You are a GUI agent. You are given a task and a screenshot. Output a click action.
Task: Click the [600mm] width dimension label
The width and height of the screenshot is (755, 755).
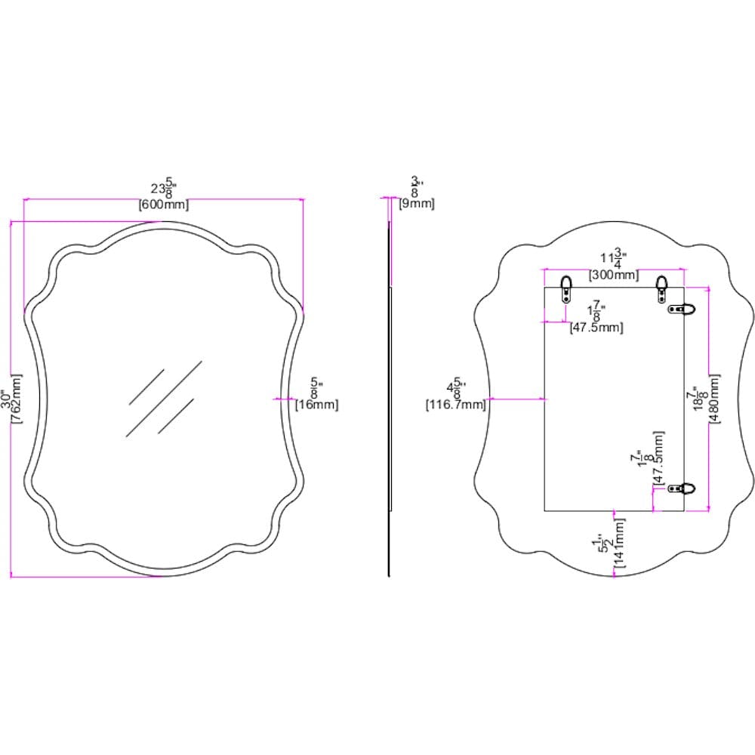click(x=163, y=205)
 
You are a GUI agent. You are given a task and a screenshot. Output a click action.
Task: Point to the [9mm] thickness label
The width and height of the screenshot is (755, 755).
click(x=417, y=204)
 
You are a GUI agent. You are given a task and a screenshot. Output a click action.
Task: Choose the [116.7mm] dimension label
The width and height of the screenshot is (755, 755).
click(x=455, y=405)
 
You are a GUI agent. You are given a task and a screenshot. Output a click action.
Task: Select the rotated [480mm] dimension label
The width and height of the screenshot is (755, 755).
click(x=714, y=399)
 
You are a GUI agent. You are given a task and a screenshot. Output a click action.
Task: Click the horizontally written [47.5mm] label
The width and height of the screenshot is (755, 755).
click(x=596, y=327)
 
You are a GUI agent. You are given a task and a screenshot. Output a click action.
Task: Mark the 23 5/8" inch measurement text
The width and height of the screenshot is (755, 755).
click(x=163, y=188)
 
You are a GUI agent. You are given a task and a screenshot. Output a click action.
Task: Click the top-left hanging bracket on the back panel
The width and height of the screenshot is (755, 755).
click(x=566, y=288)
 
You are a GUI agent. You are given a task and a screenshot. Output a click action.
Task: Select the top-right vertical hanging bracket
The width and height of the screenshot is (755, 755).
click(x=662, y=288)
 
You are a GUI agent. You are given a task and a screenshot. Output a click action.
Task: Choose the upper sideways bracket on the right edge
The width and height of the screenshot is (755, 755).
click(x=684, y=308)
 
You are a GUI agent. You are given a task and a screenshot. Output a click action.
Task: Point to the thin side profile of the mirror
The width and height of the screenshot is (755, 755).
click(x=390, y=393)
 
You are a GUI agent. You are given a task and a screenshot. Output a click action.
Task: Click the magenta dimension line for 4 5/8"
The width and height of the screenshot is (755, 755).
click(x=518, y=398)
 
